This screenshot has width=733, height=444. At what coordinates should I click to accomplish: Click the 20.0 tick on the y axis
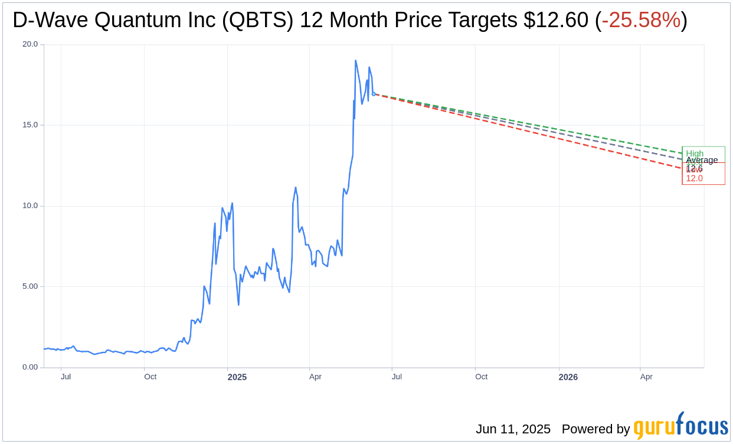[x=30, y=44]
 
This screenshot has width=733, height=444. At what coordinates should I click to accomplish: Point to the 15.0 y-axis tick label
[x=30, y=125]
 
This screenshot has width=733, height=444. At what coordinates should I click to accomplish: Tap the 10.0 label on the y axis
[x=30, y=206]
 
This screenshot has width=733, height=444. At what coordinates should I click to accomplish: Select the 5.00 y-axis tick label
[x=30, y=286]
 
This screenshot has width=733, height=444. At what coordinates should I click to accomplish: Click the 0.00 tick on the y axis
[x=30, y=367]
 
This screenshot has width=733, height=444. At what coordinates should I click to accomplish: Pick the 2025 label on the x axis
[x=237, y=377]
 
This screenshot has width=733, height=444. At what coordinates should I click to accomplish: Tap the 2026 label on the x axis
[x=568, y=377]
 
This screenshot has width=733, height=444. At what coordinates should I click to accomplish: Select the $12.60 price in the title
[x=555, y=21]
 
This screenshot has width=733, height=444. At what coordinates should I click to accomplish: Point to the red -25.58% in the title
[x=641, y=21]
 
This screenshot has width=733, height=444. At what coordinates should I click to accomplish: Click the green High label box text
[x=695, y=154]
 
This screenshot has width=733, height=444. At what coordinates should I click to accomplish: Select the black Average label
[x=702, y=160]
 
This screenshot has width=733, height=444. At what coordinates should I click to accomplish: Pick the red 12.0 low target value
[x=694, y=178]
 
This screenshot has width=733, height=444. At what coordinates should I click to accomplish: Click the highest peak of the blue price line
[x=355, y=61]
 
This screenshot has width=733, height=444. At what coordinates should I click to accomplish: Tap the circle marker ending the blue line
[x=374, y=93]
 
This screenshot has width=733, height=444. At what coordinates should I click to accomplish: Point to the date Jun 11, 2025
[x=513, y=429]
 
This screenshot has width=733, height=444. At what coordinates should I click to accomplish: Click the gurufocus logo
[x=680, y=426]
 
